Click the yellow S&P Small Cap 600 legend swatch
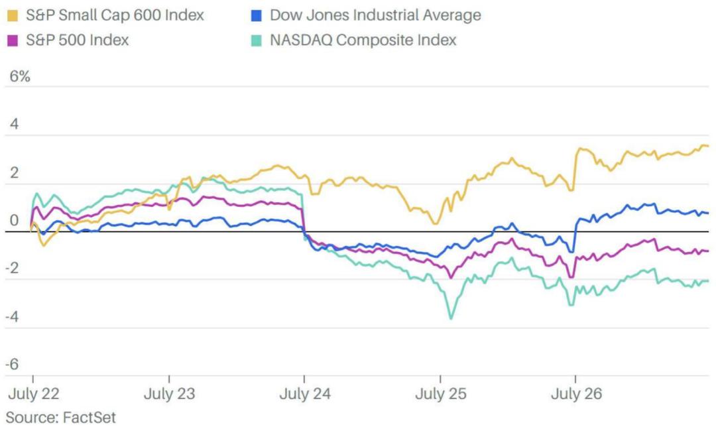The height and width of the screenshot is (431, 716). pos(12,15)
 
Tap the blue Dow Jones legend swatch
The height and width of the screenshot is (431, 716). pos(256,15)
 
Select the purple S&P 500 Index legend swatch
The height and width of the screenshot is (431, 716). pos(12,40)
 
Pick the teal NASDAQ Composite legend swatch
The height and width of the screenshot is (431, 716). pos(256,40)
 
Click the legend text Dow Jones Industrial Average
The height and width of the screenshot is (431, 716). pos(376,15)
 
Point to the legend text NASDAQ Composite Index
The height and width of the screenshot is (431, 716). pos(363,40)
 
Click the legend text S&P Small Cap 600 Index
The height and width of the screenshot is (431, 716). pos(115,15)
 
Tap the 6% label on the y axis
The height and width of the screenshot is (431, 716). pos(19,76)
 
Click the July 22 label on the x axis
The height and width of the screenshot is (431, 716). pos(33,394)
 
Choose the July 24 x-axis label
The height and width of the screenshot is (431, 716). pos(304,394)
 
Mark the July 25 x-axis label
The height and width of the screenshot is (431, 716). pos(441,394)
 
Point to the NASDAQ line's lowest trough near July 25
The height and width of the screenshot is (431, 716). pos(451,319)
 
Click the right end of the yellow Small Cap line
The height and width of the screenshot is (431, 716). pos(707,146)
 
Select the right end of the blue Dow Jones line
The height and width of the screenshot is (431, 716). pos(707,213)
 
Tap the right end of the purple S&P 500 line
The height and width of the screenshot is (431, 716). pos(707,251)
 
